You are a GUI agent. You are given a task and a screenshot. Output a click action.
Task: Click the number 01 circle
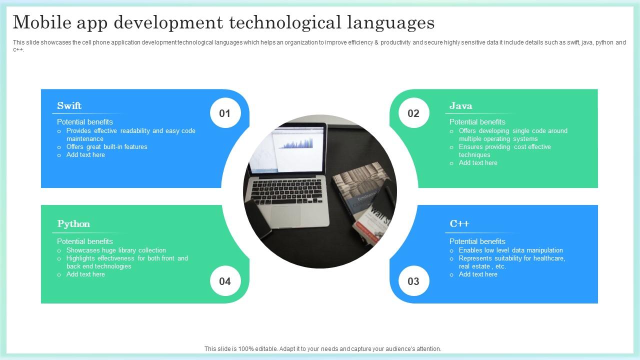225,113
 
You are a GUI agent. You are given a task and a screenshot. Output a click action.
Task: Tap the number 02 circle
413,113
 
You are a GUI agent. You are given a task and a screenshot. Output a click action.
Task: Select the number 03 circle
413,281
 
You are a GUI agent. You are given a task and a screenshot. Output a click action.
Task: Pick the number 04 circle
225,281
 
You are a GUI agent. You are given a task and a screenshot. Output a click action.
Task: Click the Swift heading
69,105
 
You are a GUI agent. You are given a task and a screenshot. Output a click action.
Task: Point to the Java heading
460,105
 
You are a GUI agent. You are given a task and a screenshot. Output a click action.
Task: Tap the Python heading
73,223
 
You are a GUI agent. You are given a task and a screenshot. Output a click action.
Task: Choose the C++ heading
459,223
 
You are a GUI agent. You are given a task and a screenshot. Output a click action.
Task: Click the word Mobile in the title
42,22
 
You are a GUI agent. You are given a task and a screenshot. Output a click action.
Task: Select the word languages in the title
391,23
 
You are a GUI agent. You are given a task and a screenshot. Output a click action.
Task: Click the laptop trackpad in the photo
285,215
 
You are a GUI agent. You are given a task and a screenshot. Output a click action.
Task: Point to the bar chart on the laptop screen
296,143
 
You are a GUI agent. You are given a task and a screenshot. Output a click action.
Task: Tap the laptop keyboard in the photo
286,191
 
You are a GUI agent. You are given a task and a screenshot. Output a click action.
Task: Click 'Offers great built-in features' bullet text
107,146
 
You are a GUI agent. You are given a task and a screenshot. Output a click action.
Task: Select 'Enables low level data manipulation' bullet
511,250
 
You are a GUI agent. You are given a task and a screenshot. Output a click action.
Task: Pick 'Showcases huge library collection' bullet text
116,250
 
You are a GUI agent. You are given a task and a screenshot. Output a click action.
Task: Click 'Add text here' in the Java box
478,163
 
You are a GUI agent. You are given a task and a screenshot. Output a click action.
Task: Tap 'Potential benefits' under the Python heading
85,241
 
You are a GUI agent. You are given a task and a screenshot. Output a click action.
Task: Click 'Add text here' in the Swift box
85,155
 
